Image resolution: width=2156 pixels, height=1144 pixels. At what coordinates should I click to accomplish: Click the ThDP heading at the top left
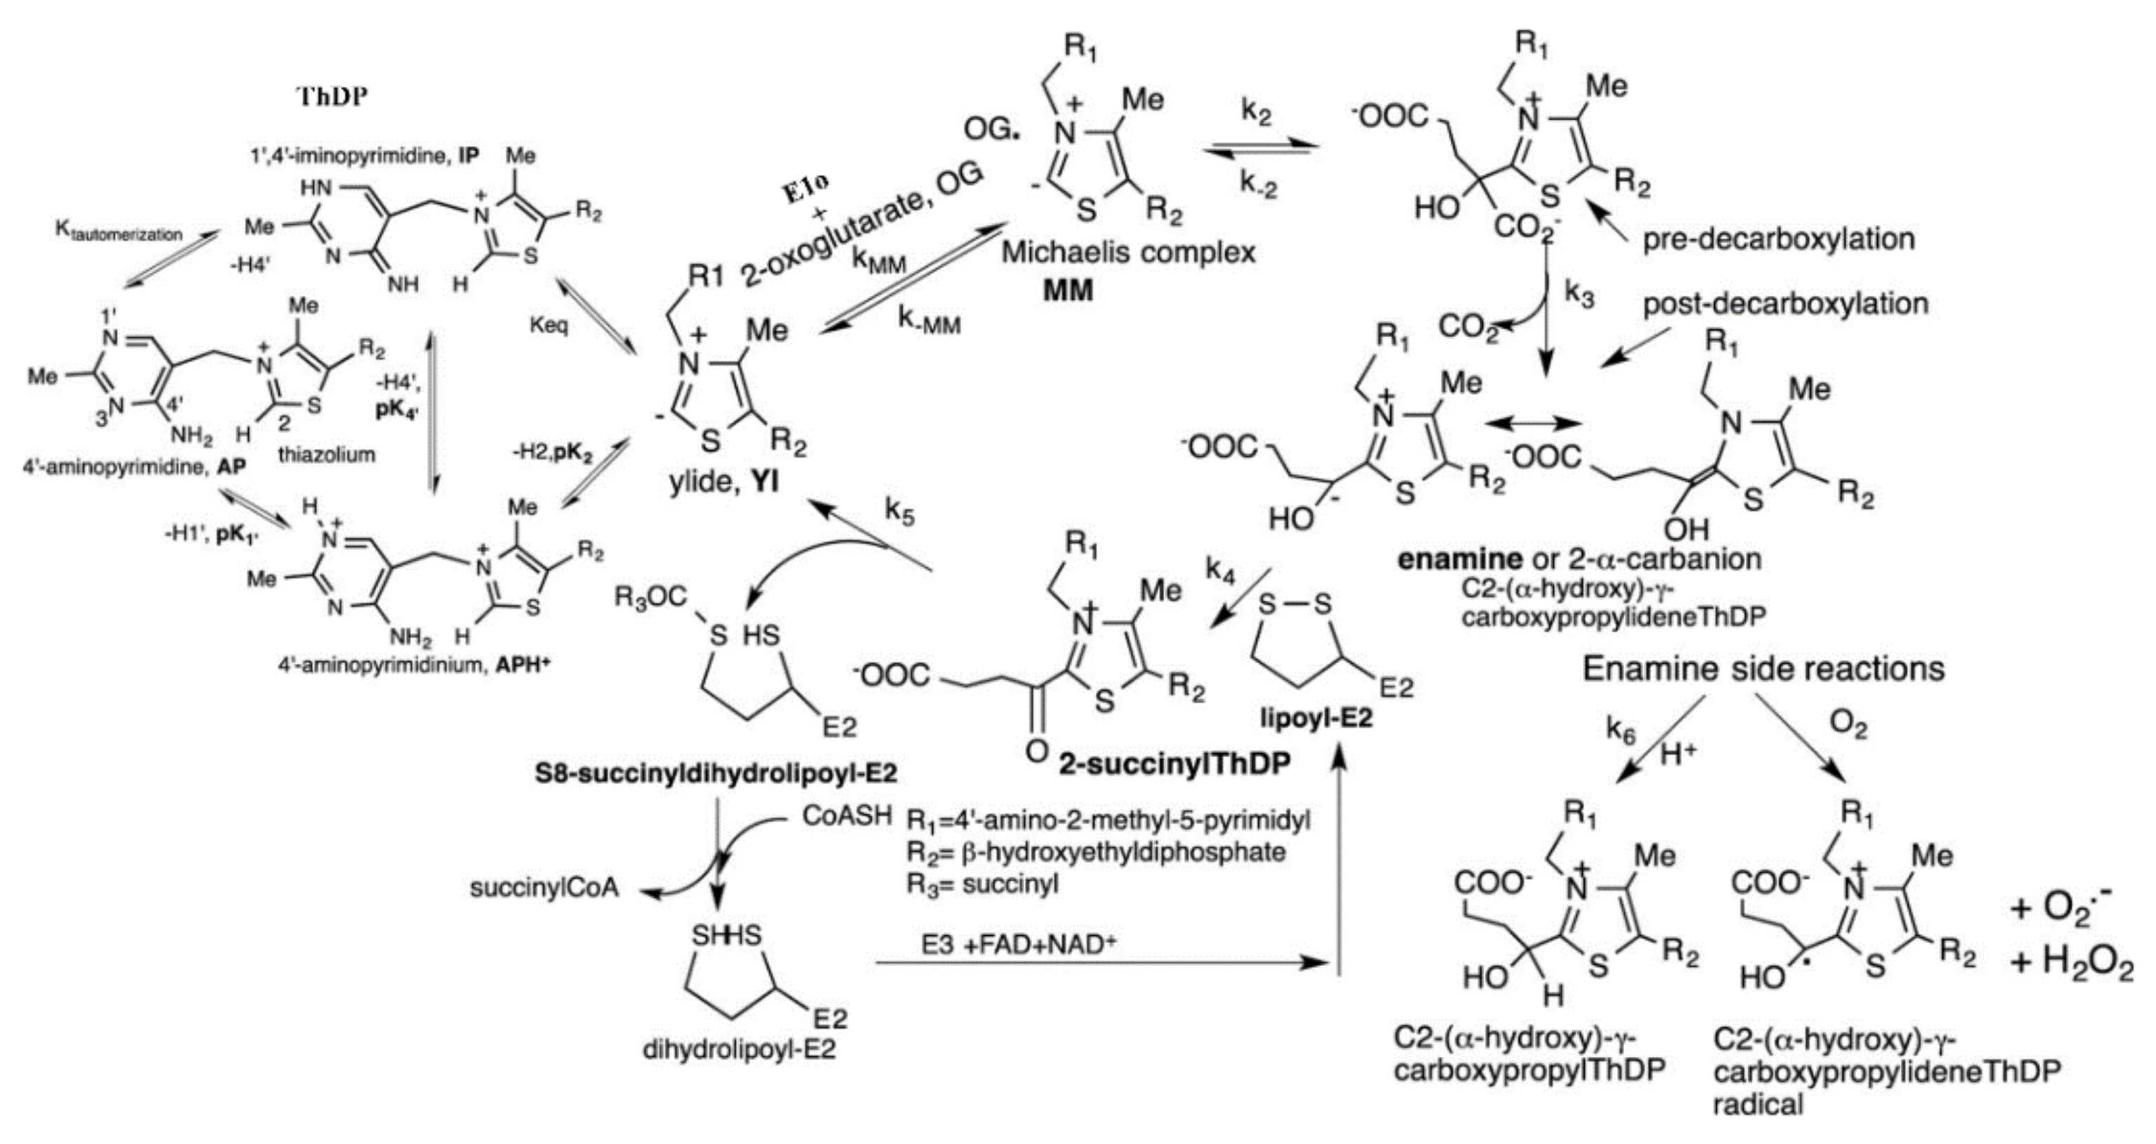334,96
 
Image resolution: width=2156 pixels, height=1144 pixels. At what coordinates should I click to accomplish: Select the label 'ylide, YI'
723,481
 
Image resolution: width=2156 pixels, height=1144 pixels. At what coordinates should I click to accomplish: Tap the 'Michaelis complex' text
1128,252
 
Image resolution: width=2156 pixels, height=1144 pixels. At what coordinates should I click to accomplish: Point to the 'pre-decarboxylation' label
1779,240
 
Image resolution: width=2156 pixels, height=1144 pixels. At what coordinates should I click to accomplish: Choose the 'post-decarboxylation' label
1785,303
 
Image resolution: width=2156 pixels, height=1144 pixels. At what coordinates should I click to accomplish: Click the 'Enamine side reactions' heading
1763,668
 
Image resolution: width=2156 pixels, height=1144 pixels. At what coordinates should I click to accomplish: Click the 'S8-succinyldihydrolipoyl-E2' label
717,772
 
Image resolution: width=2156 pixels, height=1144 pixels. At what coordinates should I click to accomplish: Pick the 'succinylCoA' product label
544,888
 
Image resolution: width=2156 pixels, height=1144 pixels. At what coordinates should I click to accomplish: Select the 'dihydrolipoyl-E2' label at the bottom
739,1049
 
